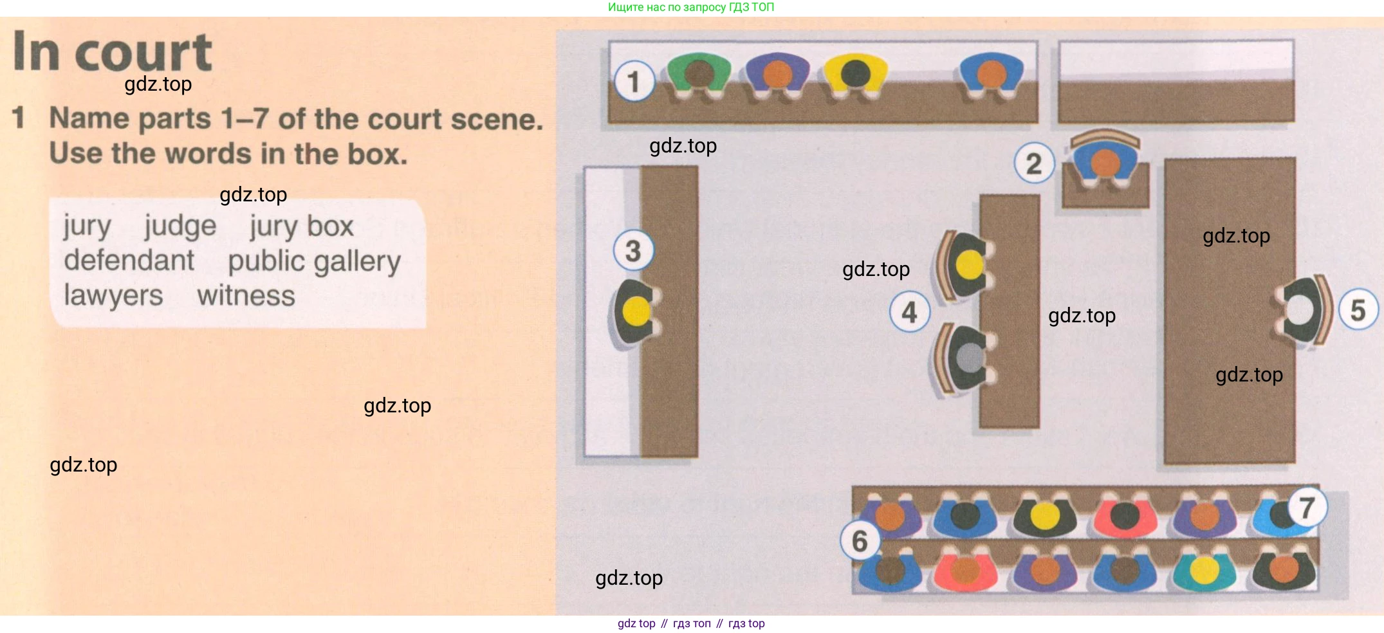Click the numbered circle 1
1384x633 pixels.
[x=634, y=82]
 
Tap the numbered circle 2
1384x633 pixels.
[x=1034, y=163]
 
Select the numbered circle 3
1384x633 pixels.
[x=633, y=250]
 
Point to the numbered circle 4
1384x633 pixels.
[x=909, y=312]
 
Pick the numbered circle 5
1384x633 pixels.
[x=1358, y=309]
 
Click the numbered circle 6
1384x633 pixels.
[x=860, y=540]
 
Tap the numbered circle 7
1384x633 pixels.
[x=1307, y=508]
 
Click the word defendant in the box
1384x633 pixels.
[x=129, y=260]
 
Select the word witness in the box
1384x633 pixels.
[x=246, y=295]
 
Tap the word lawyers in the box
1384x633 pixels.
[x=113, y=296]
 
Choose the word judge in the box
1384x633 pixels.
[x=180, y=226]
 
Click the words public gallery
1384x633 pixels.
[x=314, y=262]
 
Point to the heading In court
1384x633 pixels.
[x=113, y=51]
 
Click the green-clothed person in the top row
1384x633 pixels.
[x=699, y=75]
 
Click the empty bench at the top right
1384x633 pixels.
[x=1176, y=81]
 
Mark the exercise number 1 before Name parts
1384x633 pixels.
[x=19, y=118]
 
